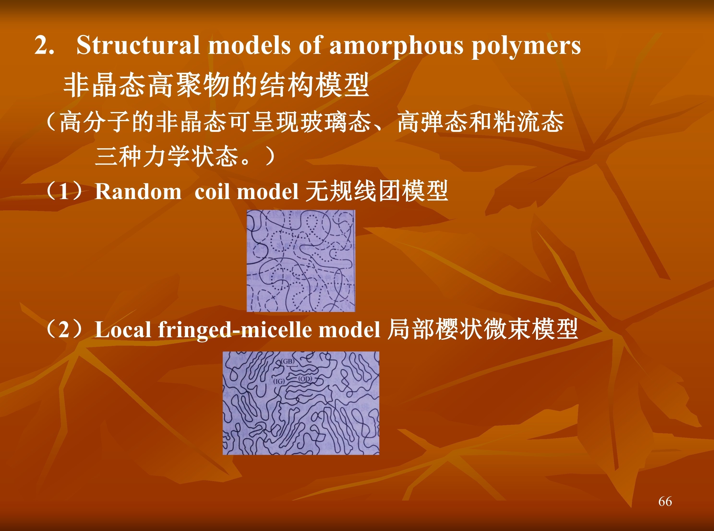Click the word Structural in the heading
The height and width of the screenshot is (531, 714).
coord(138,45)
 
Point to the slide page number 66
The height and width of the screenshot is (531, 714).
coord(665,501)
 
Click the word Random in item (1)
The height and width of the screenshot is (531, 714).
coord(138,192)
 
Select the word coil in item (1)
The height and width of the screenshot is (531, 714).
coord(212,192)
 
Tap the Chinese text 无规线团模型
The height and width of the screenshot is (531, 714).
coord(376,191)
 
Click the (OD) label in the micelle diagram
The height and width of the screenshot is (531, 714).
coord(305,379)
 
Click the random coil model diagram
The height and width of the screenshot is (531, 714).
coord(301,261)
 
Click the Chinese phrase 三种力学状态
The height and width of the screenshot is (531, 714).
coord(166,157)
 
